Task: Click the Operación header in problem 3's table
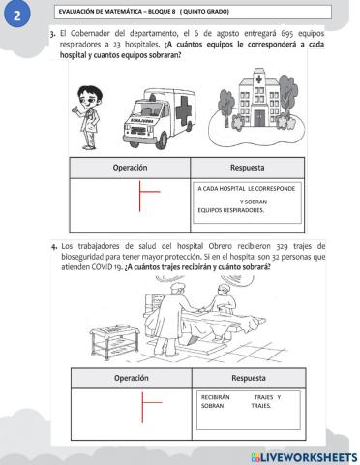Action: coord(130,167)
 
